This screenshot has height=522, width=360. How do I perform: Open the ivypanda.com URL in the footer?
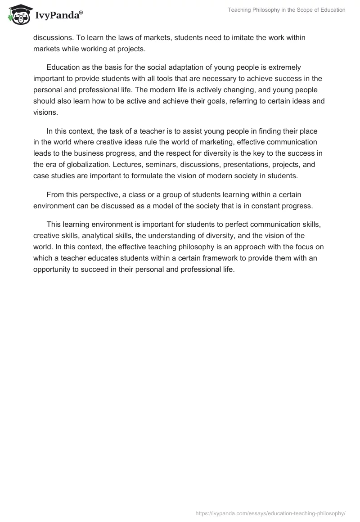(x=270, y=513)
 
